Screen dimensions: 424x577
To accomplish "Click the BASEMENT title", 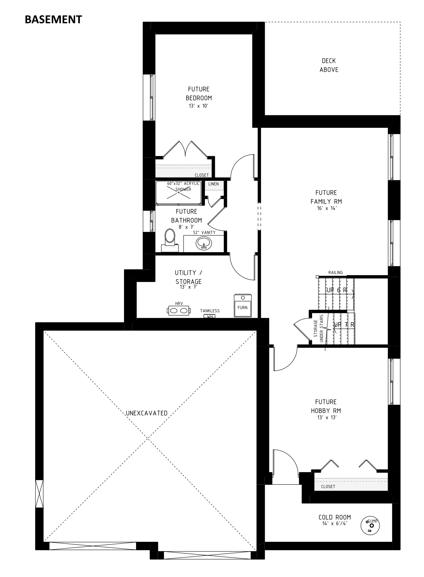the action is [53, 20].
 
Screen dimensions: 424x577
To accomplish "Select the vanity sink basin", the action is [204, 243].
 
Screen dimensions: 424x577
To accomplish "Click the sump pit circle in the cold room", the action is [370, 526].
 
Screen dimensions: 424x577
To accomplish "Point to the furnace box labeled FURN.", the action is [243, 306].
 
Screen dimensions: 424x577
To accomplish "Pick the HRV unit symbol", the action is [179, 311].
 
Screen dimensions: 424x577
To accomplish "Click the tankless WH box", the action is [210, 316].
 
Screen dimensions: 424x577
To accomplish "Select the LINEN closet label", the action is [213, 184].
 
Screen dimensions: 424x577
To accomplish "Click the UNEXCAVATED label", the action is [147, 413].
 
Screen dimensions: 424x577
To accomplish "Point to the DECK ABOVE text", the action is [329, 65].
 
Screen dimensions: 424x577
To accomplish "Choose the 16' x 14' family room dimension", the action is [326, 208].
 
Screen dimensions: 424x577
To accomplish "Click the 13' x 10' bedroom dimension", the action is [199, 106].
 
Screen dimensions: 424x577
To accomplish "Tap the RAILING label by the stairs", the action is [336, 272].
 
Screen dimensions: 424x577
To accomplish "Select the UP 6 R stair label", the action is [337, 290].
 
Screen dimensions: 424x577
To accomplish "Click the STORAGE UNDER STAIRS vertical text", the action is [318, 328].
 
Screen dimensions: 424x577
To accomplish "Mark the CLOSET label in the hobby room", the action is [328, 487].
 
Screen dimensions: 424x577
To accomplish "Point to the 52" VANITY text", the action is [204, 233].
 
